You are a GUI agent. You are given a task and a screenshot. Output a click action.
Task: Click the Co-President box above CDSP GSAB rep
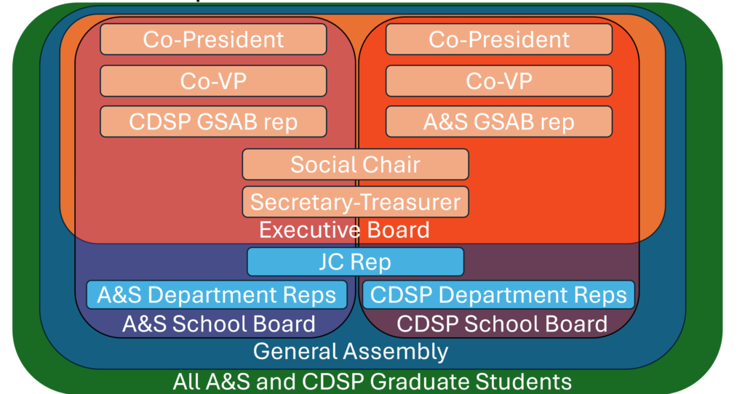pos(213,39)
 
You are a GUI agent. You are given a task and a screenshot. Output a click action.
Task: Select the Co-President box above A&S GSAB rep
pos(498,39)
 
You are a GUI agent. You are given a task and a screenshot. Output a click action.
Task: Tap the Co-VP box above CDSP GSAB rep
pos(213,81)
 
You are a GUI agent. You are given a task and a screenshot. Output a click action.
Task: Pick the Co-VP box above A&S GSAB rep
pos(498,81)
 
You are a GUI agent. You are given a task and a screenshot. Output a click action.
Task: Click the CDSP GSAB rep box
pos(213,122)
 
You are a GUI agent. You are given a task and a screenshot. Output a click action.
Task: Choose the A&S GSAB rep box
pos(498,122)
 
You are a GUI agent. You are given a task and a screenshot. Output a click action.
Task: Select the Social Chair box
pos(355,164)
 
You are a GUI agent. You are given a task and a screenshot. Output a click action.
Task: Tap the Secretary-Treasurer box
pos(355,201)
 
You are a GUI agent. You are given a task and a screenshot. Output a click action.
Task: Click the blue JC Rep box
pos(355,262)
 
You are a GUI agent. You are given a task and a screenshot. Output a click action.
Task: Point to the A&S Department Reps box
pos(216,295)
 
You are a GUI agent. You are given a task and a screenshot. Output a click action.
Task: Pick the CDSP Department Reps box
pos(498,295)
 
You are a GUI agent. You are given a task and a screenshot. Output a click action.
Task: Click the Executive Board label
pos(344,230)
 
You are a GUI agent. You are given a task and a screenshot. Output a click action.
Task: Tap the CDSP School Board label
pos(502,323)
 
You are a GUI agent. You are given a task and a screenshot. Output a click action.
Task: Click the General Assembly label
pos(351,352)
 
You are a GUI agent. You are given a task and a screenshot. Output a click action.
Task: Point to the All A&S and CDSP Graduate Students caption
pos(372,381)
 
